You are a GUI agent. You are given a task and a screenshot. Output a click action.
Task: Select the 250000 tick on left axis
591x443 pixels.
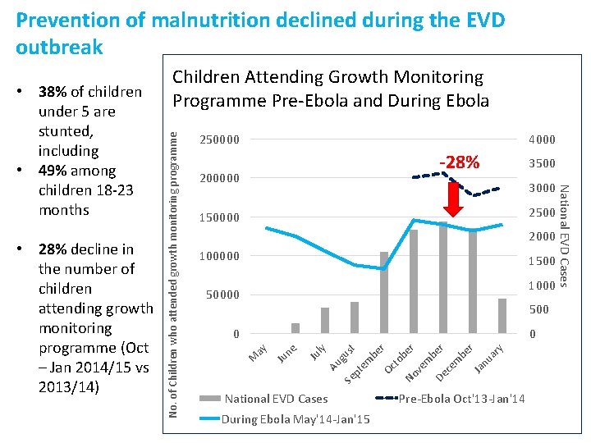220,139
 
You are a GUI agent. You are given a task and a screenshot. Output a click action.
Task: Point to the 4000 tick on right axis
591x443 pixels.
542,139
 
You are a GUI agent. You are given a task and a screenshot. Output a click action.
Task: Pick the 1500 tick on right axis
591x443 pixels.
542,261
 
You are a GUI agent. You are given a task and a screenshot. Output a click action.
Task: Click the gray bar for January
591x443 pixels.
502,316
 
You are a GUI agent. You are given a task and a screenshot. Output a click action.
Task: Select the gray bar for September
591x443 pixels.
384,292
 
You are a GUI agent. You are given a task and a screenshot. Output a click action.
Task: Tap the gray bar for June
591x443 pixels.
295,328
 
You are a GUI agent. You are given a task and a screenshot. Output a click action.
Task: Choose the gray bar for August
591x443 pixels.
355,317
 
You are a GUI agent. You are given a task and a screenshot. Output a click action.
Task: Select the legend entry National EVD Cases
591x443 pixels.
276,399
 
